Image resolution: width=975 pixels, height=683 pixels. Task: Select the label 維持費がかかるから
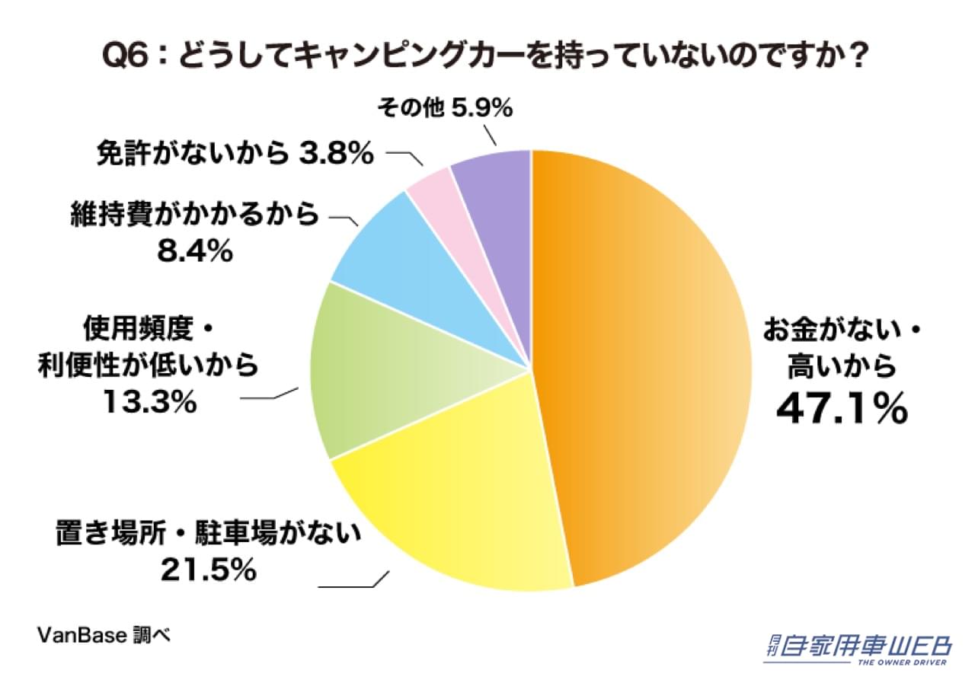pyautogui.click(x=194, y=216)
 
